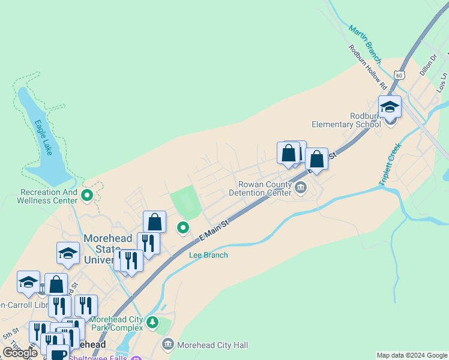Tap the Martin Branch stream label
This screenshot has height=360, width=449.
(364, 43)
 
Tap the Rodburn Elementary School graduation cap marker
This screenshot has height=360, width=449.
(390, 107)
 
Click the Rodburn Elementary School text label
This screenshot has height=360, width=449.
(346, 120)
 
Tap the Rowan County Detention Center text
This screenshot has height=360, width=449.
(262, 188)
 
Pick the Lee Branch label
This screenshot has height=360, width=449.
(208, 255)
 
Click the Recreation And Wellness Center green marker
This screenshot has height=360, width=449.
(87, 195)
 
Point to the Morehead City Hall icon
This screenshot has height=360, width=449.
(167, 344)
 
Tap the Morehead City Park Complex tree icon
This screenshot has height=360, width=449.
(152, 323)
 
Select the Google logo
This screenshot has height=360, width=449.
(20, 353)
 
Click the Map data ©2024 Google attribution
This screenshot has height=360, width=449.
(412, 355)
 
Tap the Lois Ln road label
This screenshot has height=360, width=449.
(442, 82)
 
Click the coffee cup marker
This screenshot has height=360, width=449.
(58, 354)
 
